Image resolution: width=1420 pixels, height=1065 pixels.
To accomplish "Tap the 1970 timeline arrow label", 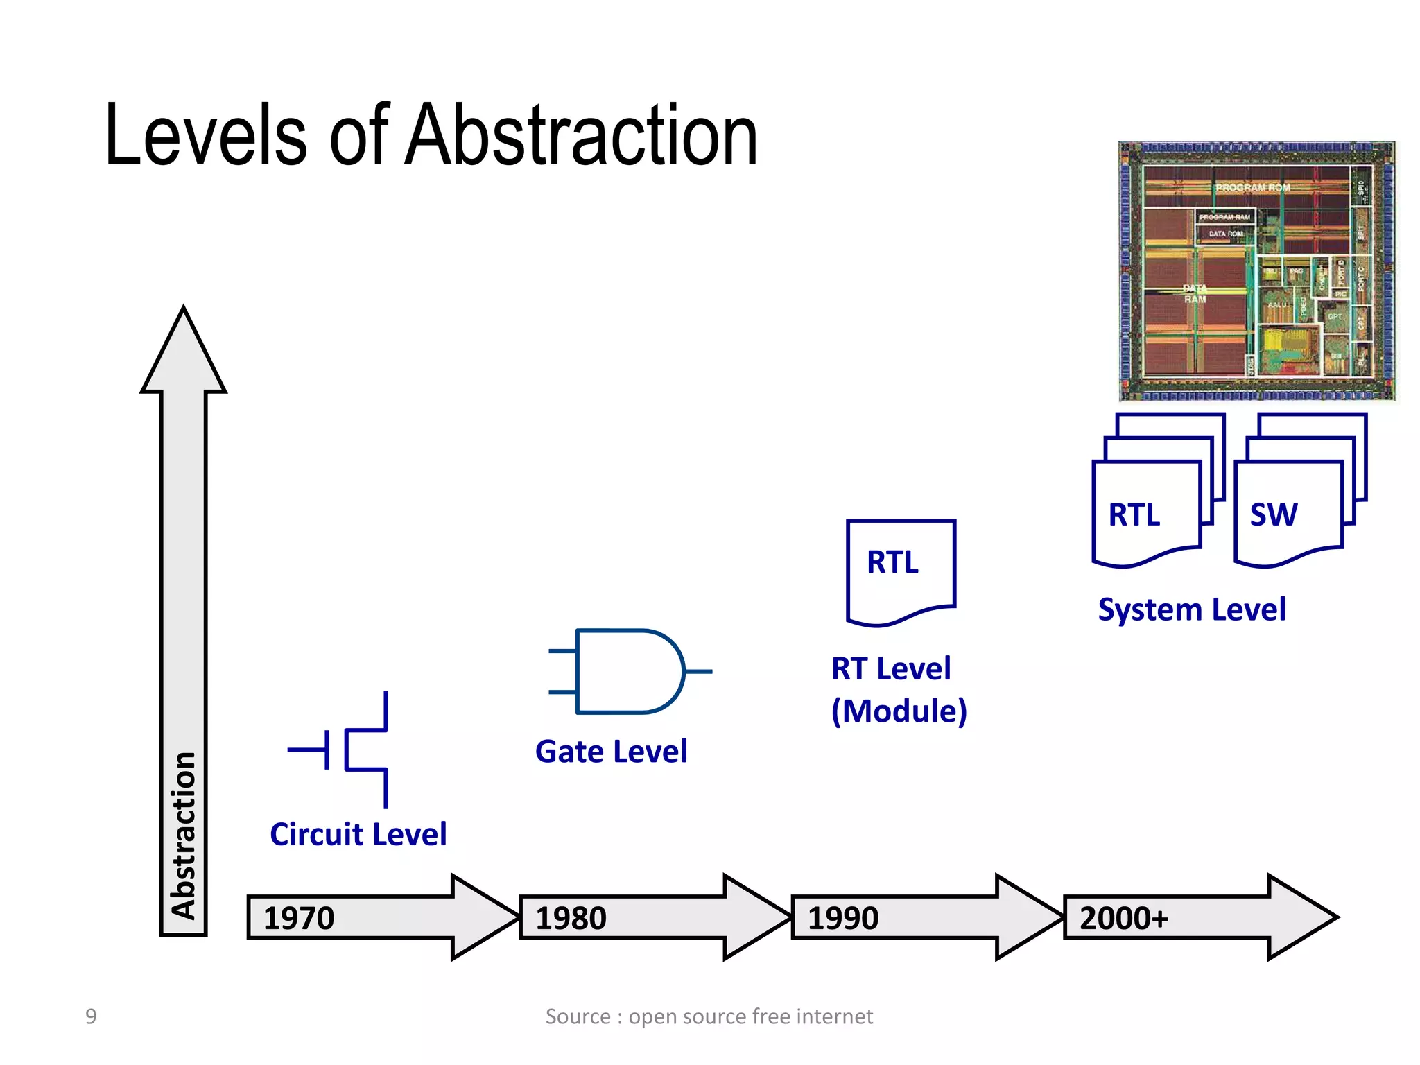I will [x=299, y=918].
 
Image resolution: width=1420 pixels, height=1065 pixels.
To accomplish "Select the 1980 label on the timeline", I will [x=571, y=918].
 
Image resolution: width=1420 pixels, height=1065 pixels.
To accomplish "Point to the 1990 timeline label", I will [x=842, y=918].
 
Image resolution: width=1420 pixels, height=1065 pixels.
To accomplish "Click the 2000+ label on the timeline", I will [x=1124, y=918].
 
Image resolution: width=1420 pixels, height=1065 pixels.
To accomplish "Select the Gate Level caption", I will [x=611, y=752].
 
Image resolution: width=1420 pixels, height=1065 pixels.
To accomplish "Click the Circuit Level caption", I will [x=358, y=834].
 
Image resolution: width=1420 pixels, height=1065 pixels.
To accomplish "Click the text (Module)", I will [x=899, y=711].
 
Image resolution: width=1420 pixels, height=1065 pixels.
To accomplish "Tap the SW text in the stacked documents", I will [x=1273, y=514].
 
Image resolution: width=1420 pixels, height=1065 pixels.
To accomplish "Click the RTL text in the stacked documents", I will [x=1134, y=514].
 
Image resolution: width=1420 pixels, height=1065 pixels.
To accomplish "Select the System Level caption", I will [x=1191, y=610].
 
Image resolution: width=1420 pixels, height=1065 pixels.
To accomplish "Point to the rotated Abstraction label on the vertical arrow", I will [x=184, y=835].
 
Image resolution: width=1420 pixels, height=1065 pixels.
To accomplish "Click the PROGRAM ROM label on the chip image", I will [x=1252, y=188].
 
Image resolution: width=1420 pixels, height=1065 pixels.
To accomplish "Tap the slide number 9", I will [x=91, y=1016].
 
